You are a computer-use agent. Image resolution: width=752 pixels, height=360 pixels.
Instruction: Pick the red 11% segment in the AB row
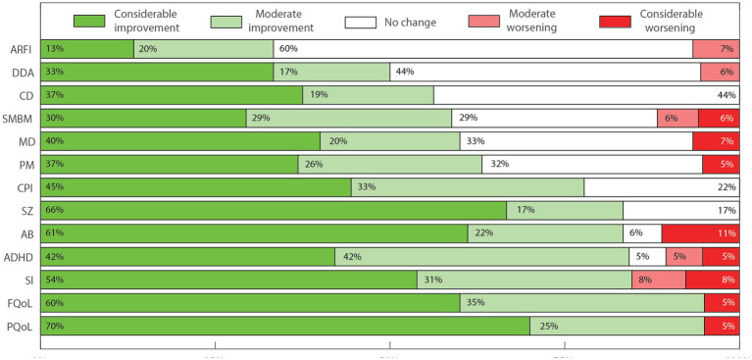(701, 233)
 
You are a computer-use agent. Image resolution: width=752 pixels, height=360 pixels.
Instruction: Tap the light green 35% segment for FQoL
(582, 303)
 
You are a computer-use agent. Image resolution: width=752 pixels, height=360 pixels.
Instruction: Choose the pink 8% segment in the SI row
(658, 281)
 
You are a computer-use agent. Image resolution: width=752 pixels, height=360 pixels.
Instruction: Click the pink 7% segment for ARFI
(716, 49)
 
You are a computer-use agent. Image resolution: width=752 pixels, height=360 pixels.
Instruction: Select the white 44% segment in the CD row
(586, 95)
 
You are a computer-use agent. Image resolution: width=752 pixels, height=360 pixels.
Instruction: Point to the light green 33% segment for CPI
(468, 187)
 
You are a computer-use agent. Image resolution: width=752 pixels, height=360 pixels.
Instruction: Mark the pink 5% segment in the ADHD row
(683, 257)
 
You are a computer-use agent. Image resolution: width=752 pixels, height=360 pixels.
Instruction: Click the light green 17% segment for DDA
(331, 72)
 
